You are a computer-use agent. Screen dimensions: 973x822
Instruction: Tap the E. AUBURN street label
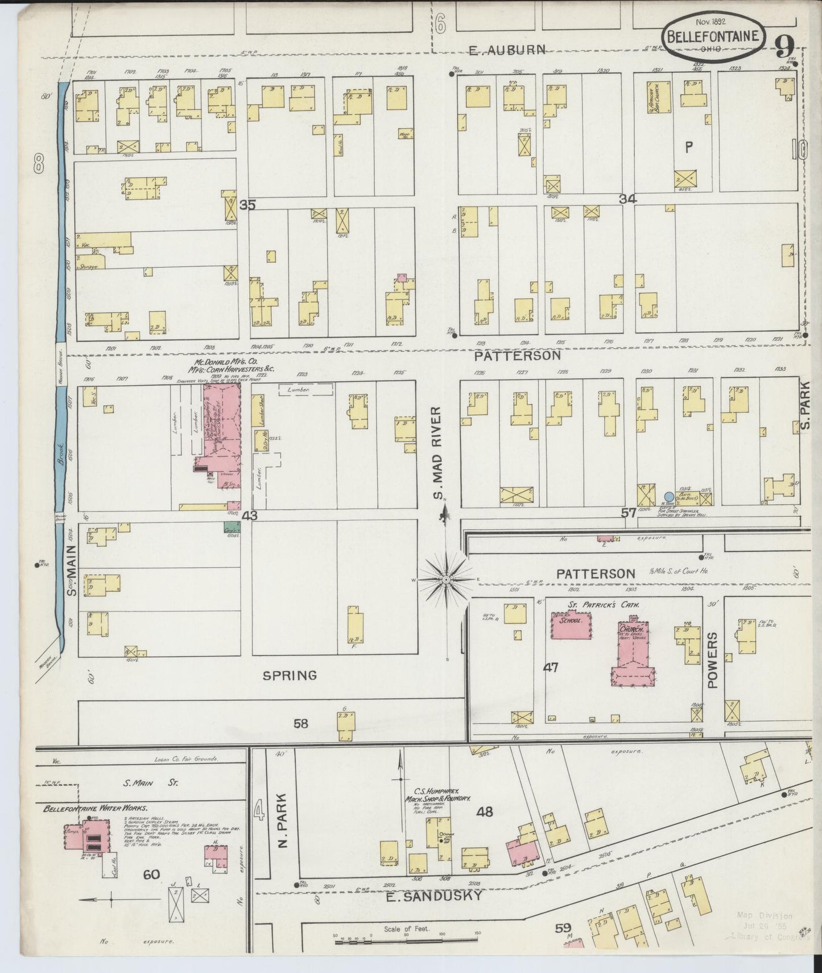(507, 50)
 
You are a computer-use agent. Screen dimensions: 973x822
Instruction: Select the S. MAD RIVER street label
(437, 453)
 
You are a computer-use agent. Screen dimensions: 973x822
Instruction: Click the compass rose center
(447, 579)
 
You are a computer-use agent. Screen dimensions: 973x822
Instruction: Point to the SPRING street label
(290, 675)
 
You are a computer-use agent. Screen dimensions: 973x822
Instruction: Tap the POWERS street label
(713, 661)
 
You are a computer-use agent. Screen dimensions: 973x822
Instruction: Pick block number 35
(247, 205)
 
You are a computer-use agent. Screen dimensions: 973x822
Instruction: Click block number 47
(551, 667)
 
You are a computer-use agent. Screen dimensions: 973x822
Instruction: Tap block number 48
(485, 812)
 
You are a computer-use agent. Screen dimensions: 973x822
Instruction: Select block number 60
(151, 875)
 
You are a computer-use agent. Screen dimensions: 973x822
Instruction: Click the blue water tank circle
(670, 496)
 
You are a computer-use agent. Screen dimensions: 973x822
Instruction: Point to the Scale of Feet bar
(407, 942)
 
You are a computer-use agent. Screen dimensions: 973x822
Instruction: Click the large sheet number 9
(784, 44)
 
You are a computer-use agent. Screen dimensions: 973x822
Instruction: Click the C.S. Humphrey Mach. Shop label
(443, 794)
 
